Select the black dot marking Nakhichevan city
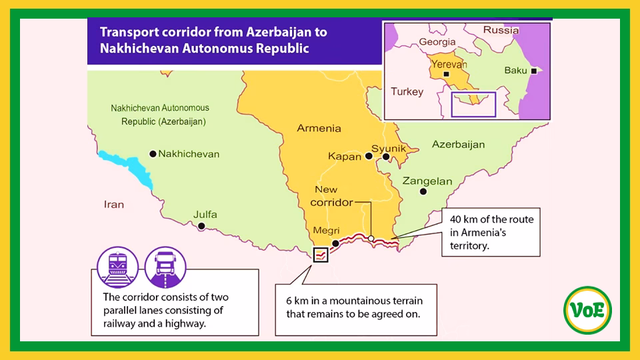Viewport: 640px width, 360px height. click(x=153, y=154)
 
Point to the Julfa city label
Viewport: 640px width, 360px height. click(x=205, y=215)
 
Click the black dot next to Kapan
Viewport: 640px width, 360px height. click(x=368, y=157)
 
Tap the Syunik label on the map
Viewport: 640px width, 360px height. click(x=389, y=147)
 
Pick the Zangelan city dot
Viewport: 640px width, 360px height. click(x=423, y=191)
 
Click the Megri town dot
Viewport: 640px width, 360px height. click(x=335, y=243)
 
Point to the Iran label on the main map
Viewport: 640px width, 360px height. click(x=114, y=205)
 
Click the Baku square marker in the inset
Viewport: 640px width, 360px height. click(x=533, y=71)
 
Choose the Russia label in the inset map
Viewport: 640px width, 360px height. click(x=501, y=30)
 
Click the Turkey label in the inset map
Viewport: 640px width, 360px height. click(x=407, y=91)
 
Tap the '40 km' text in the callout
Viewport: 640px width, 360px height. click(x=465, y=219)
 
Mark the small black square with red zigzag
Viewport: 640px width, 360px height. click(x=321, y=254)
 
